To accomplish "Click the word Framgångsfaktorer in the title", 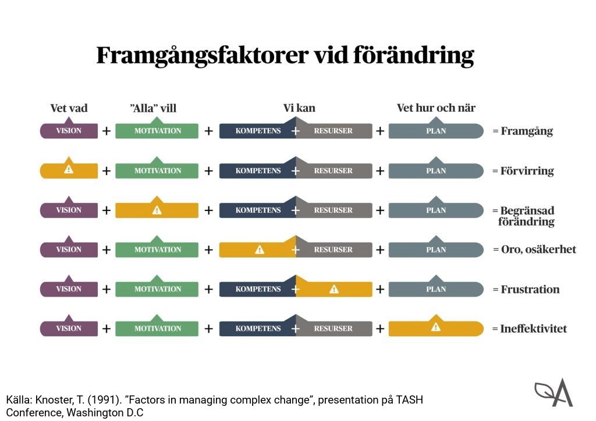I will coord(201,56).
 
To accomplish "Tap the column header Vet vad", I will coord(69,108).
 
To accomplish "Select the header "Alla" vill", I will coord(153,108).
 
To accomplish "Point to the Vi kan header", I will coord(299,108).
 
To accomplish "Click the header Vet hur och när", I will coord(436,108).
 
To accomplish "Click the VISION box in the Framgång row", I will coord(69,131).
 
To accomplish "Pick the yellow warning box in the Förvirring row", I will coord(69,170).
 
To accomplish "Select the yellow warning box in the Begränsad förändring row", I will coord(157,210).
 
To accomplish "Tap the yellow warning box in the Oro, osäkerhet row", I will coord(257,249).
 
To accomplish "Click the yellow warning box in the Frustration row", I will coord(334,289).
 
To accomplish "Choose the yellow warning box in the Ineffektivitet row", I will coord(435,328).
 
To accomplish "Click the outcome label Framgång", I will coord(526,131).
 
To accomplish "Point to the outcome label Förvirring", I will coord(527,171).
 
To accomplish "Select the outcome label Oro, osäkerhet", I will coord(538,249).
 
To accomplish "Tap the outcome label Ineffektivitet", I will coord(533,329).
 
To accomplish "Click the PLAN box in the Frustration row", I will coord(436,289).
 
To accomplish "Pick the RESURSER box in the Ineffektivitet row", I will coord(334,329).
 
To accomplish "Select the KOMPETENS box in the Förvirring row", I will coord(257,170).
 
